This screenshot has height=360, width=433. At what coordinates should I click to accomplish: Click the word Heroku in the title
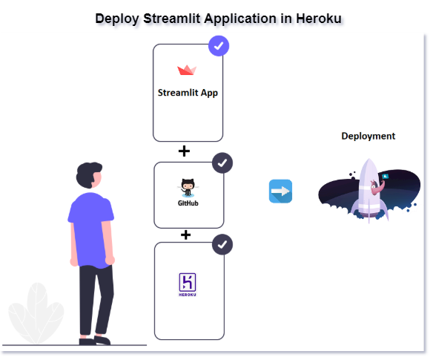(x=319, y=19)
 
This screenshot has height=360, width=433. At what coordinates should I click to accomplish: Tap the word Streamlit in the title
(x=171, y=19)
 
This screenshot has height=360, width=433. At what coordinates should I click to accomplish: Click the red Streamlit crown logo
(x=187, y=71)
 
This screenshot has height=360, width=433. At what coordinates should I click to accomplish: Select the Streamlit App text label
(x=188, y=93)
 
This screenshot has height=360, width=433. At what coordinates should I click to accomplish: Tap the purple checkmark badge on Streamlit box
(x=219, y=46)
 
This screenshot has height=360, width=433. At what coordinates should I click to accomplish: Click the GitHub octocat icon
(x=188, y=188)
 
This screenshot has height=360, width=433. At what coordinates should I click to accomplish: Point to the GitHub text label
(x=188, y=203)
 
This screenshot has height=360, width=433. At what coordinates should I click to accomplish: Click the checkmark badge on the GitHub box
(x=222, y=163)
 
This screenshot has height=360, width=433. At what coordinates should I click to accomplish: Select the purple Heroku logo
(x=188, y=285)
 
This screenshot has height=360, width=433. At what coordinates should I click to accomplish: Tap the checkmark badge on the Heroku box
(x=222, y=244)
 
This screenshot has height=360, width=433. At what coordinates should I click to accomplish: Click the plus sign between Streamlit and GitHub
(x=184, y=151)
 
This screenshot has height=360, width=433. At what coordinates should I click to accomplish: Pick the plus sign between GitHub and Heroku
(x=186, y=235)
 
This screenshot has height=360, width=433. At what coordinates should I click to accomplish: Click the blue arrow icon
(x=280, y=192)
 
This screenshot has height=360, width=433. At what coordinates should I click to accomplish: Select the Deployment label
(x=368, y=136)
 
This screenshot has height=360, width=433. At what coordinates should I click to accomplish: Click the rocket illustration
(x=369, y=191)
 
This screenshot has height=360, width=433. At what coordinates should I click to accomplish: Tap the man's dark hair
(x=87, y=174)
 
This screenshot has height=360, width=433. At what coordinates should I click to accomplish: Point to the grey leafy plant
(x=36, y=313)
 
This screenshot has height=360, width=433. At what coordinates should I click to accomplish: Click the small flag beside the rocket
(x=386, y=176)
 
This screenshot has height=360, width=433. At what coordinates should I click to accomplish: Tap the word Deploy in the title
(x=117, y=19)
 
